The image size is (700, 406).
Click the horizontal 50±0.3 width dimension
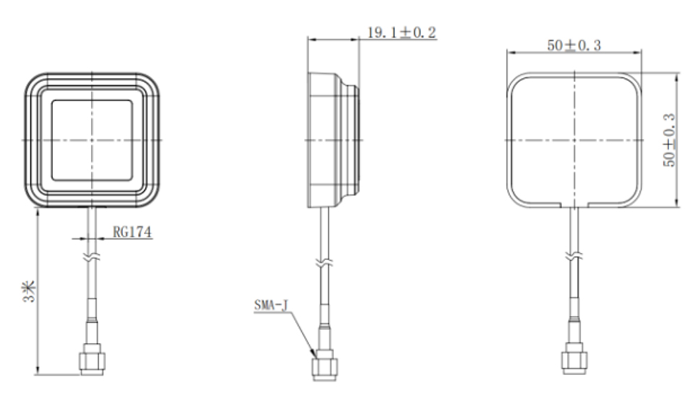click(x=574, y=46)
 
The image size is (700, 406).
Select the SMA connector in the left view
click(x=92, y=358)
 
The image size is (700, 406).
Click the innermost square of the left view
click(x=92, y=140)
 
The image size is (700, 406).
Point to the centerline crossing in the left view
click(x=92, y=140)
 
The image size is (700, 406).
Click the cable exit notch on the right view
click(x=574, y=205)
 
